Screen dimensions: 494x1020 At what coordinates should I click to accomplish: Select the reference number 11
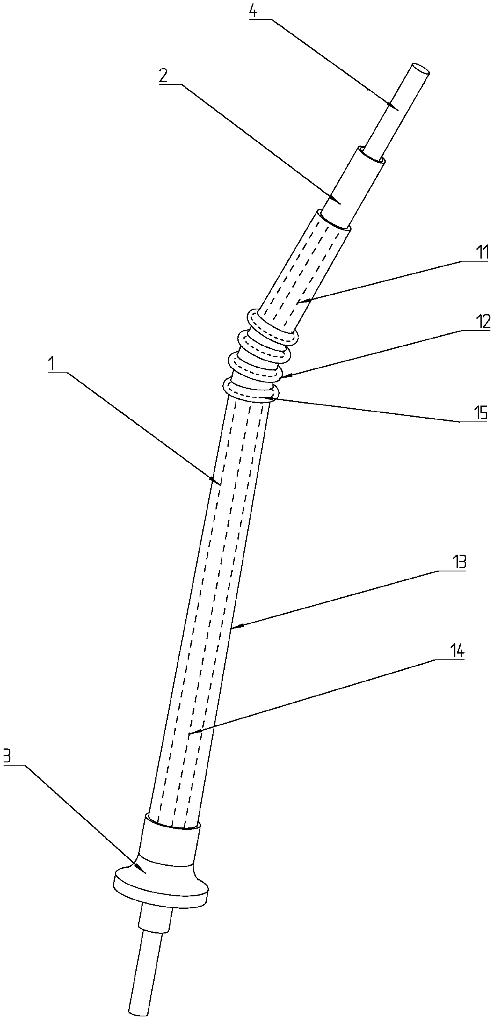[482, 254]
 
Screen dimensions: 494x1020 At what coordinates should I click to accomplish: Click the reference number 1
[51, 366]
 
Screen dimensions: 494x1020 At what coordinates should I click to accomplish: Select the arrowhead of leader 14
[190, 733]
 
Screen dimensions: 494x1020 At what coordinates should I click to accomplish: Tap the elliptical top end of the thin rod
[420, 69]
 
